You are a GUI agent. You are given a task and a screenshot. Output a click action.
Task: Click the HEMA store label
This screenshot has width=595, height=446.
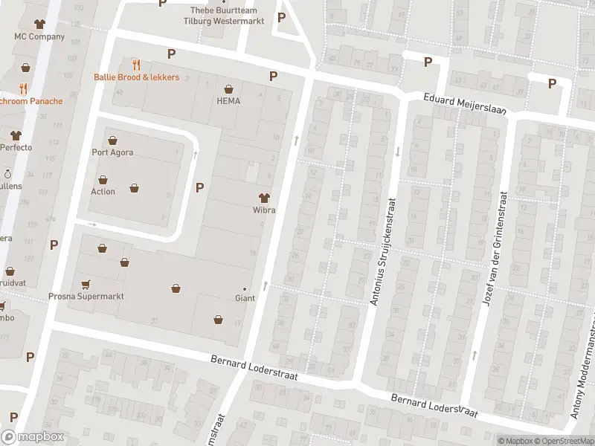tap(228, 101)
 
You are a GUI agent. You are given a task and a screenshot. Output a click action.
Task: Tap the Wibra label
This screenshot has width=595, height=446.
tap(264, 210)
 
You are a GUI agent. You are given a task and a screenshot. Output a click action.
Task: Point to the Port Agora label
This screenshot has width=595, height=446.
tap(112, 153)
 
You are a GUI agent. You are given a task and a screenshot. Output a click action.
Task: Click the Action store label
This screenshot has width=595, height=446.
tap(103, 191)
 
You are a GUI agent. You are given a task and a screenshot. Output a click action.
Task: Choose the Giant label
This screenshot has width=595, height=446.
tap(245, 298)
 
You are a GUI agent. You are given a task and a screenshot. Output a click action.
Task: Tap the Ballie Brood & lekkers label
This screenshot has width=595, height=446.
tap(136, 77)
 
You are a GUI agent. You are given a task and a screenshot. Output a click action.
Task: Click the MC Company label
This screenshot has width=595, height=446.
tap(40, 36)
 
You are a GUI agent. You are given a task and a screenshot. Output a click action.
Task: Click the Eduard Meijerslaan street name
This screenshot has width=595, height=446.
tap(465, 103)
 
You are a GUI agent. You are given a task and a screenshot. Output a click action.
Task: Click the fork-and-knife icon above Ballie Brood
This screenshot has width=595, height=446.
tap(136, 65)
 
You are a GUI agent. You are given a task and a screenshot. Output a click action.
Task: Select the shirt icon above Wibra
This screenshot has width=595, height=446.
tap(263, 198)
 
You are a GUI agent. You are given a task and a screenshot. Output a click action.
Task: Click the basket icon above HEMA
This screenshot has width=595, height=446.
tap(228, 88)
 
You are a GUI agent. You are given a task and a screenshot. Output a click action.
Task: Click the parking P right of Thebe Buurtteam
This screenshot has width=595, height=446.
tap(281, 18)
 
